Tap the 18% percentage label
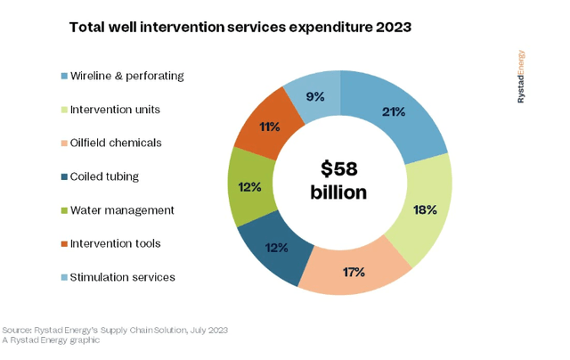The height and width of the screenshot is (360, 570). pos(424,210)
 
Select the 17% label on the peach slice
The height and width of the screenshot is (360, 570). pos(354,271)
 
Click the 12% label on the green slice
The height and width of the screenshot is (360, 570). pos(249,187)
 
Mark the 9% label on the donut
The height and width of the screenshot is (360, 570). pos(314,95)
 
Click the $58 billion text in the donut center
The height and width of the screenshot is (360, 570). pos(338,180)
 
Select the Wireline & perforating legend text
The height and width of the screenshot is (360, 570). pos(127,76)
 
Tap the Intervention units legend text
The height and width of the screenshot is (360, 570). pos(116,110)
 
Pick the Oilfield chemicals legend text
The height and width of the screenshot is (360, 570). pos(117,143)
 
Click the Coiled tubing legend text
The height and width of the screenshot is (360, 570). pos(105,176)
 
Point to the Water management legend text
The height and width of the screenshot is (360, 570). pos(123,210)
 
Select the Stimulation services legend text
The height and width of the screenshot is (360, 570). pos(123,277)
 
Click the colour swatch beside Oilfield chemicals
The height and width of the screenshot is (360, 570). pos(64,143)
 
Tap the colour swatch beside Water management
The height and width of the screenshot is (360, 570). pos(64,210)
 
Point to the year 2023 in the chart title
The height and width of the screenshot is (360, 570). pos(387,28)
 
